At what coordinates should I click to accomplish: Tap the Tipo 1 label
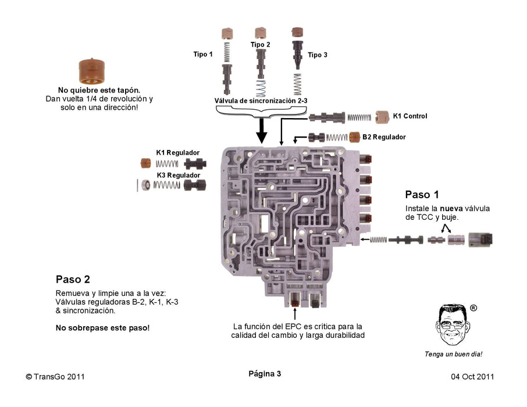tap(203, 54)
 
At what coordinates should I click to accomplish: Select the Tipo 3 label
tap(318, 55)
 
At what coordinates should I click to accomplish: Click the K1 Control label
tap(410, 116)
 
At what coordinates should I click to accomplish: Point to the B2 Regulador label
tap(384, 137)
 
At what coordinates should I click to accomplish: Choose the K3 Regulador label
tap(178, 175)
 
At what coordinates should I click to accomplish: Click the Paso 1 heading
tap(422, 195)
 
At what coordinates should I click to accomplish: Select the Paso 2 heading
tap(73, 279)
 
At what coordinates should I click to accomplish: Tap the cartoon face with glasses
tap(454, 326)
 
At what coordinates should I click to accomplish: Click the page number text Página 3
tap(265, 374)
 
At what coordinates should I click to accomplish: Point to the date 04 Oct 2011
tap(472, 376)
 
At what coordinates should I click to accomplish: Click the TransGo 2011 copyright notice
tap(56, 376)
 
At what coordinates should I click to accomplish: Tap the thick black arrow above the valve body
tap(262, 130)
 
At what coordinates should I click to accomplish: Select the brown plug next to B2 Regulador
tap(354, 137)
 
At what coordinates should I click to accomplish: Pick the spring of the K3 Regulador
tap(168, 185)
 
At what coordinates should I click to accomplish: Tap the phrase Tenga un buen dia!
tap(454, 354)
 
